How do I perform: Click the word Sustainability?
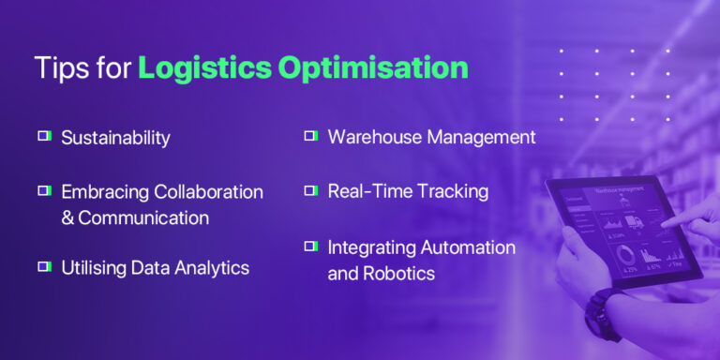[115, 138]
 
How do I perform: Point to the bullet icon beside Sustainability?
[43, 136]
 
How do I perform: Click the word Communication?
[143, 217]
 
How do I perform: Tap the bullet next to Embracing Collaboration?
[43, 190]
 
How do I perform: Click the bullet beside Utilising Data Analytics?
[43, 267]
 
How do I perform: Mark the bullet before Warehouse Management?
[309, 136]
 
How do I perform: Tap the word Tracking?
[453, 191]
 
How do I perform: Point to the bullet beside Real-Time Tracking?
[309, 190]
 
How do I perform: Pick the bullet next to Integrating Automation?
[309, 246]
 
